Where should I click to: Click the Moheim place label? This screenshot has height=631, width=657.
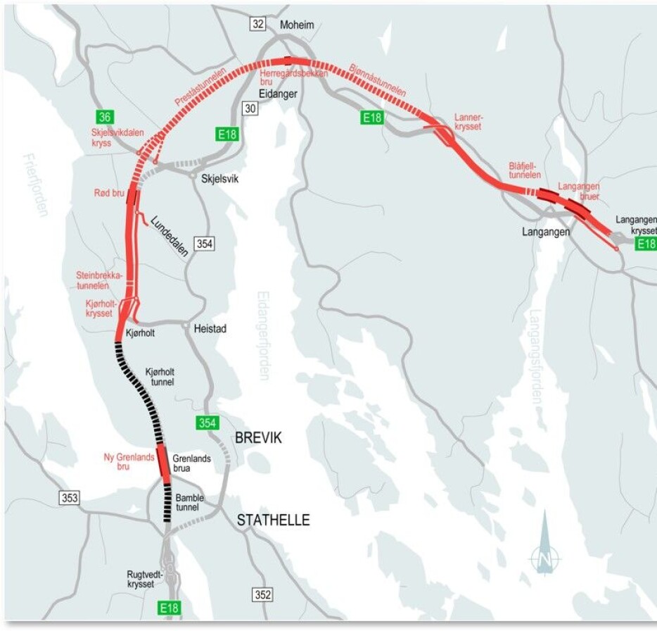(x=297, y=25)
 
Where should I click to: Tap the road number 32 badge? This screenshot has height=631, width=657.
(x=258, y=24)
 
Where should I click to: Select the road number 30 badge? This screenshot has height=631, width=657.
(x=250, y=108)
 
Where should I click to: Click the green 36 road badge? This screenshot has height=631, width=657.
(x=106, y=117)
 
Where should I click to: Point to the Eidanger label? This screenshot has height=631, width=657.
(x=277, y=94)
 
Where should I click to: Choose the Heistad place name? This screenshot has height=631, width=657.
(x=210, y=329)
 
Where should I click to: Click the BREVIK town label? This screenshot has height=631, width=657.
(x=258, y=438)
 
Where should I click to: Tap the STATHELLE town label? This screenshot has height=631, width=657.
(x=273, y=520)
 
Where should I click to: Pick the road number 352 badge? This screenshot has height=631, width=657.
(x=262, y=595)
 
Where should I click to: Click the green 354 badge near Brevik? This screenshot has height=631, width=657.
(x=207, y=423)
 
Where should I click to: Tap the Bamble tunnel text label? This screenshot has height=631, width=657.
(x=189, y=503)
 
